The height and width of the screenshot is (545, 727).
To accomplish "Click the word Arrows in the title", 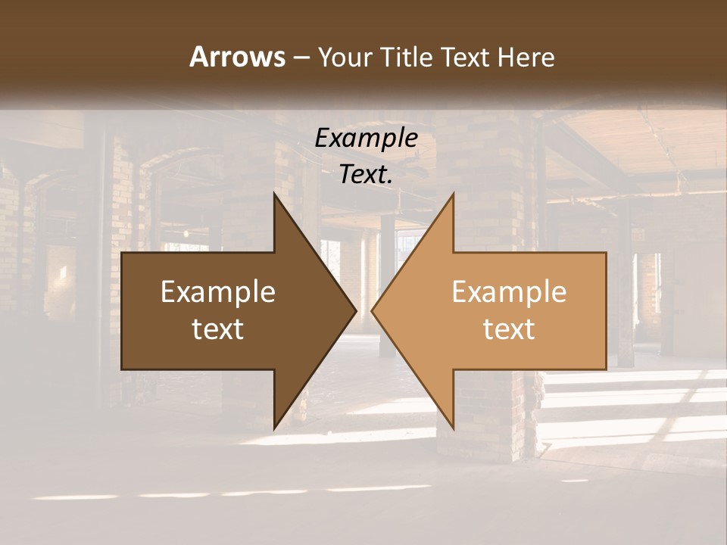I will pyautogui.click(x=237, y=57).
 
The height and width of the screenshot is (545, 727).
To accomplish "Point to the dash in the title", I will pyautogui.click(x=301, y=58).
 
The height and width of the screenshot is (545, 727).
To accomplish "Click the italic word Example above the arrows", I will pyautogui.click(x=367, y=138).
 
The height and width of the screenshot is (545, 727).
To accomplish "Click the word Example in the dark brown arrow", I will pyautogui.click(x=218, y=292).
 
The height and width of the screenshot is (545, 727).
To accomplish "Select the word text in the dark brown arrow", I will pyautogui.click(x=218, y=329).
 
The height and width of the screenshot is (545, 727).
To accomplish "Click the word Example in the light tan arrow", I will pyautogui.click(x=509, y=292).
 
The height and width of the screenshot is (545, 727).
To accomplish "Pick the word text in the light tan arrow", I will pyautogui.click(x=509, y=329).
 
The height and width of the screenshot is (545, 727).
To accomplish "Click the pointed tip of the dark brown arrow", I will pyautogui.click(x=354, y=310).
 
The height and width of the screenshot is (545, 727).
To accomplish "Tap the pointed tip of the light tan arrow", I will pyautogui.click(x=373, y=310).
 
